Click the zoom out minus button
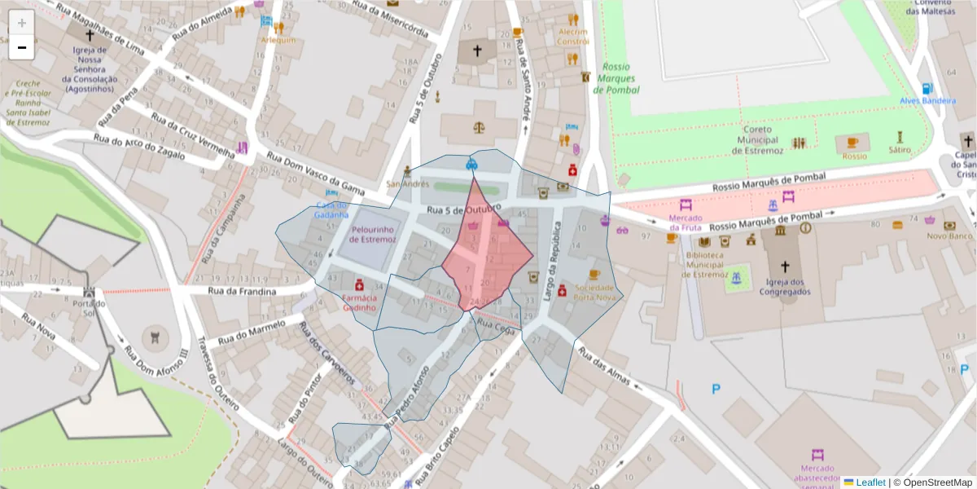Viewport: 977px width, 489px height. (x=22, y=48)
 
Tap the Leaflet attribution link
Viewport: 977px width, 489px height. (x=865, y=482)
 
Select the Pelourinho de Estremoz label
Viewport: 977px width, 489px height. (x=373, y=235)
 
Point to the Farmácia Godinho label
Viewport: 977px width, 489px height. (x=359, y=302)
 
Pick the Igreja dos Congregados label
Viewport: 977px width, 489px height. (x=785, y=287)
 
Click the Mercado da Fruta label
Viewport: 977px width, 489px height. (x=686, y=222)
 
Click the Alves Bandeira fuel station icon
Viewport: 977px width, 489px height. (x=927, y=89)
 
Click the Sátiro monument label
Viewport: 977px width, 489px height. (x=900, y=151)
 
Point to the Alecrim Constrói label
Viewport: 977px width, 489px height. (x=572, y=37)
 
